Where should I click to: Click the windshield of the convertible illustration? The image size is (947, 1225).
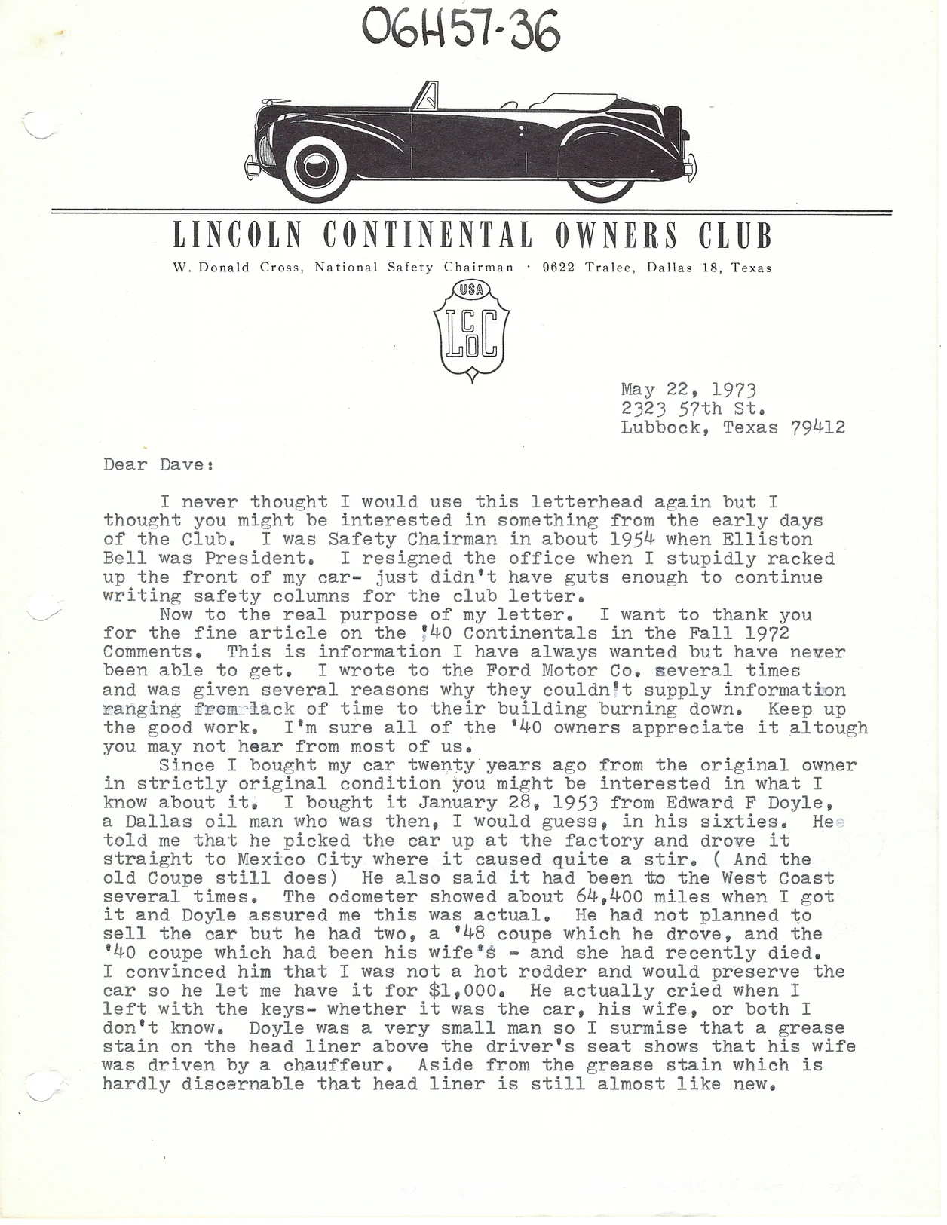click(426, 97)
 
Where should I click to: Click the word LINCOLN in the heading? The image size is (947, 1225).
click(238, 235)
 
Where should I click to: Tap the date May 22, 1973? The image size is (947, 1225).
click(688, 390)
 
